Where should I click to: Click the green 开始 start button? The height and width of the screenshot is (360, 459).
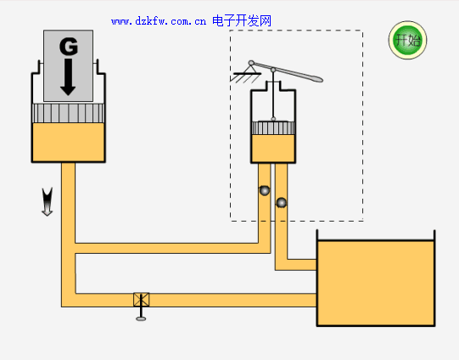pyautogui.click(x=407, y=40)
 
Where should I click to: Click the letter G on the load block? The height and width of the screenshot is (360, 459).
pyautogui.click(x=69, y=47)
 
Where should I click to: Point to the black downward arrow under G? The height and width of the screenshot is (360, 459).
pyautogui.click(x=68, y=77)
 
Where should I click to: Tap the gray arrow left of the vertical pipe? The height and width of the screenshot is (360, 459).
pyautogui.click(x=48, y=201)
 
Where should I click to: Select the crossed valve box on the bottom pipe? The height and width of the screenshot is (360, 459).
pyautogui.click(x=142, y=300)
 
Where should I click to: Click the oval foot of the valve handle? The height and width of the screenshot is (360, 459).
pyautogui.click(x=141, y=318)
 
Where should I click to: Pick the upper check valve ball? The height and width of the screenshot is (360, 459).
pyautogui.click(x=265, y=190)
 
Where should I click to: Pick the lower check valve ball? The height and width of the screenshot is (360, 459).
pyautogui.click(x=282, y=202)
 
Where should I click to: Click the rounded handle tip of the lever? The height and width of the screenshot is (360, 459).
pyautogui.click(x=316, y=78)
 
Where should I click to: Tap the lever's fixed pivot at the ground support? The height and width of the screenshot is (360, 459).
pyautogui.click(x=251, y=63)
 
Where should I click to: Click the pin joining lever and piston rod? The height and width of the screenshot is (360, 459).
pyautogui.click(x=273, y=70)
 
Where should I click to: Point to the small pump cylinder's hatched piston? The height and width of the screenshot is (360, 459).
pyautogui.click(x=273, y=128)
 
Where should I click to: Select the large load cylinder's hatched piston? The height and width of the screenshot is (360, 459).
pyautogui.click(x=68, y=114)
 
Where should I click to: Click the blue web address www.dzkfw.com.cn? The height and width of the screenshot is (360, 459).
pyautogui.click(x=159, y=21)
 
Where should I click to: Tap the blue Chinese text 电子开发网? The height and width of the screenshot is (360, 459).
pyautogui.click(x=242, y=20)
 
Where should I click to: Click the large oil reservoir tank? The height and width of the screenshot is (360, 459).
pyautogui.click(x=376, y=283)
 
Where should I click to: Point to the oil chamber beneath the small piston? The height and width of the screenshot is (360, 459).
pyautogui.click(x=273, y=149)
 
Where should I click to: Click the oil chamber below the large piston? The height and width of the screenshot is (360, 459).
pyautogui.click(x=68, y=142)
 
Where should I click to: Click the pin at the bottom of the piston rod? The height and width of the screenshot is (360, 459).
pyautogui.click(x=273, y=119)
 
